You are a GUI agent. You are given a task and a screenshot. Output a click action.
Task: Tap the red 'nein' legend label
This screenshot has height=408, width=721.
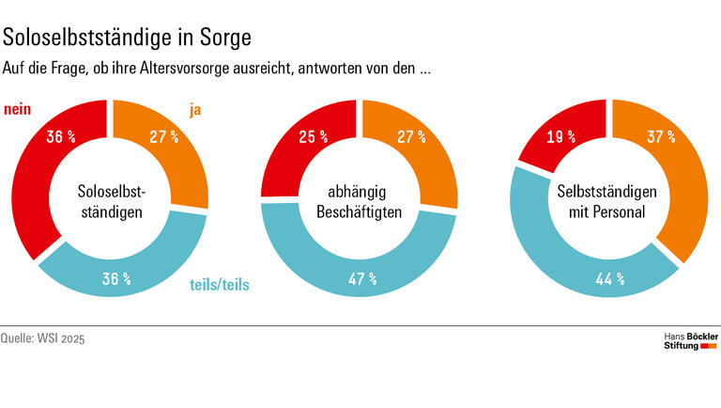[18, 111]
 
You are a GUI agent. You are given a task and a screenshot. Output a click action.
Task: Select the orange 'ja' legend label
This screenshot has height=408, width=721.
[195, 111]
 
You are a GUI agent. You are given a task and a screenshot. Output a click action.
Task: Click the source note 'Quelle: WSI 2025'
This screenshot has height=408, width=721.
[42, 337]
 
